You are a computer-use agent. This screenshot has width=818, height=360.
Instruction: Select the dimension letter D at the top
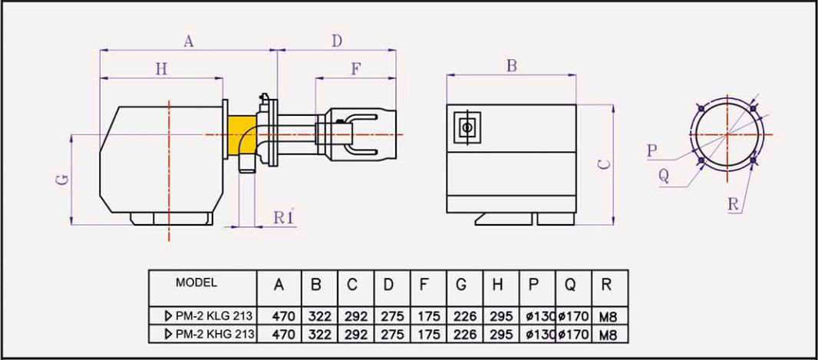coord(336,42)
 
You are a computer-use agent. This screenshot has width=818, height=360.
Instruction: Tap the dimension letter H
coord(161,69)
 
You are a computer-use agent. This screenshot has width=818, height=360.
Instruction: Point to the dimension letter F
coord(355,69)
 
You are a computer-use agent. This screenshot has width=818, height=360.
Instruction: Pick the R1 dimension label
coord(284,217)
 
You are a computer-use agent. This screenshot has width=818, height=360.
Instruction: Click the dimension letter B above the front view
coord(511,66)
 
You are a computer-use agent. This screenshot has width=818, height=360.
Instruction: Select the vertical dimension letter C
coord(604,163)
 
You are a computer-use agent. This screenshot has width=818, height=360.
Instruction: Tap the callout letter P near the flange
coord(651,150)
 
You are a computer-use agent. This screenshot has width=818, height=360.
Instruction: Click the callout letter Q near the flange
coord(664,176)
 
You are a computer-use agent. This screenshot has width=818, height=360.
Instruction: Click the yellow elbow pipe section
coord(245,132)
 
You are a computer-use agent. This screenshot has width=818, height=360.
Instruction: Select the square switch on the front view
coord(466,126)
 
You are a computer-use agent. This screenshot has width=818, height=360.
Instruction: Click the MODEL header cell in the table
coord(196,282)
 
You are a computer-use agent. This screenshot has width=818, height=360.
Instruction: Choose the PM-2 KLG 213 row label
coord(204,315)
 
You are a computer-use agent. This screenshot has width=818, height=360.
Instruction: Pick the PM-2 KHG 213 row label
coord(204,334)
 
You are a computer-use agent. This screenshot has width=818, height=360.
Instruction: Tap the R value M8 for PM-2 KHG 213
coord(607,335)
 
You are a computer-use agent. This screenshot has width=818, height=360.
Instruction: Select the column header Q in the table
coord(570,285)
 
